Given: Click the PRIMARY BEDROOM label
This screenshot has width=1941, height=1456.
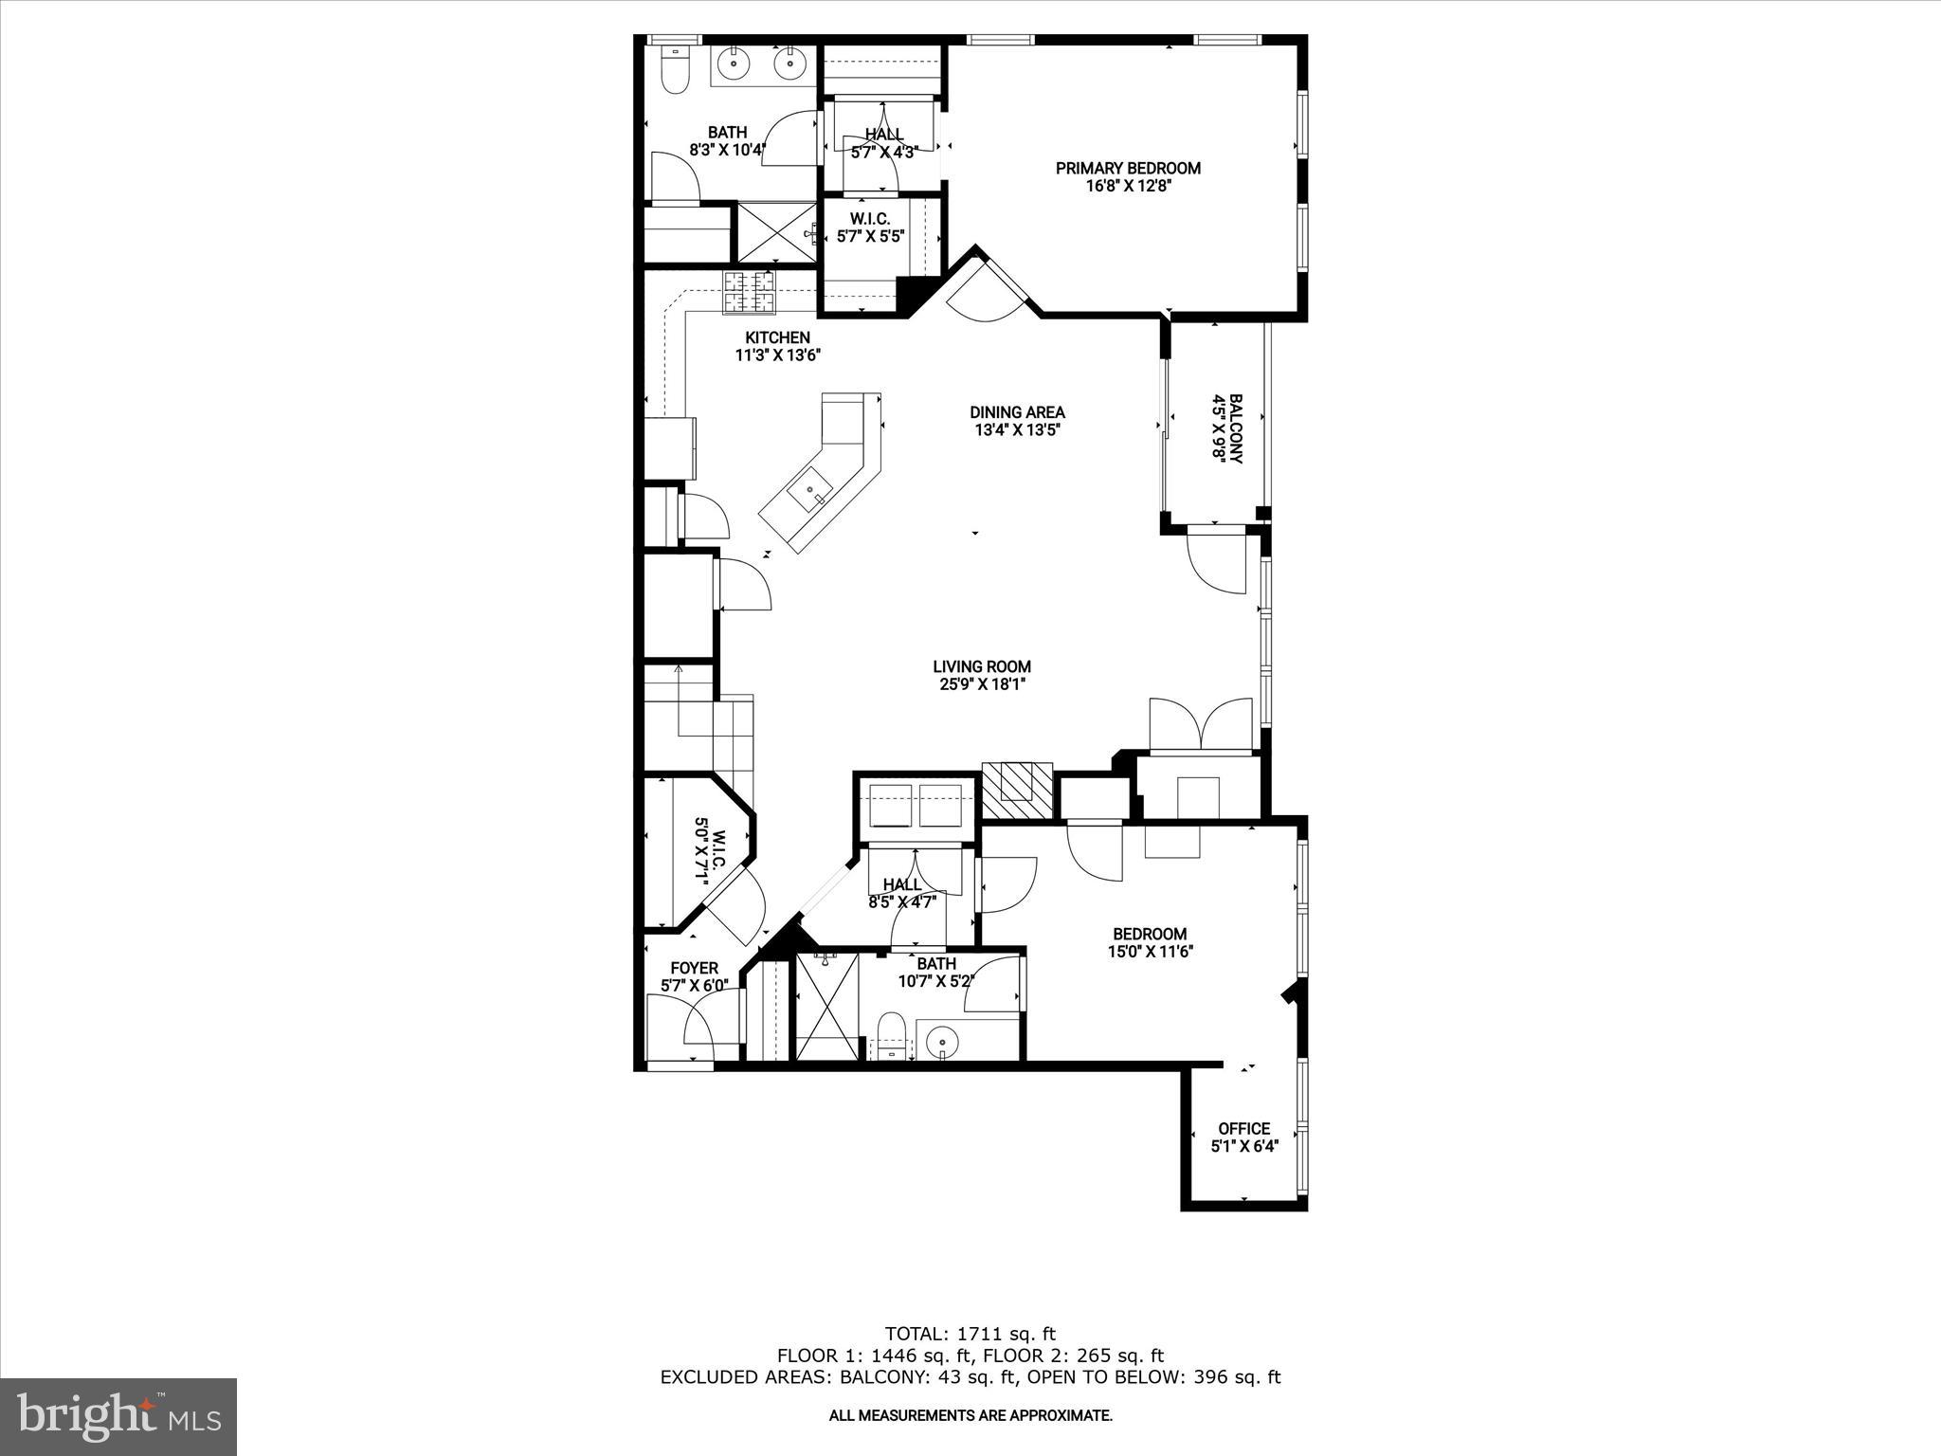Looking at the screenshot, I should pos(1128,168).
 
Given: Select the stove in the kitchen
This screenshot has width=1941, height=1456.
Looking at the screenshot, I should pos(751,292).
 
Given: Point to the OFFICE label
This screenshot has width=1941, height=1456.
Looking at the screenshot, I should pos(1243,1128).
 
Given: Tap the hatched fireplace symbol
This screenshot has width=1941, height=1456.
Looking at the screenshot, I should pos(1017,790).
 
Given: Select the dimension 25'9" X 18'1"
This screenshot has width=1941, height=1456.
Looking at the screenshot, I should pos(982,684).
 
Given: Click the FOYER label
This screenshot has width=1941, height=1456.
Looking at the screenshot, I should pos(694,968).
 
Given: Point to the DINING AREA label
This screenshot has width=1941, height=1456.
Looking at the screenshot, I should pos(1017,412).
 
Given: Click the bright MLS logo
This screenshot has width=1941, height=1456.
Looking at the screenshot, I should pos(118,1416).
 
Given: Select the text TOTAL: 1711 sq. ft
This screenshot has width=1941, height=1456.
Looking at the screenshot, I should pos(970,1334).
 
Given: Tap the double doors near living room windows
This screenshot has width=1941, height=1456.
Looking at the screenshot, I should pos(1202,725).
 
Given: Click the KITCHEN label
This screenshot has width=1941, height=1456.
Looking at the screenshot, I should pos(777,337).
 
